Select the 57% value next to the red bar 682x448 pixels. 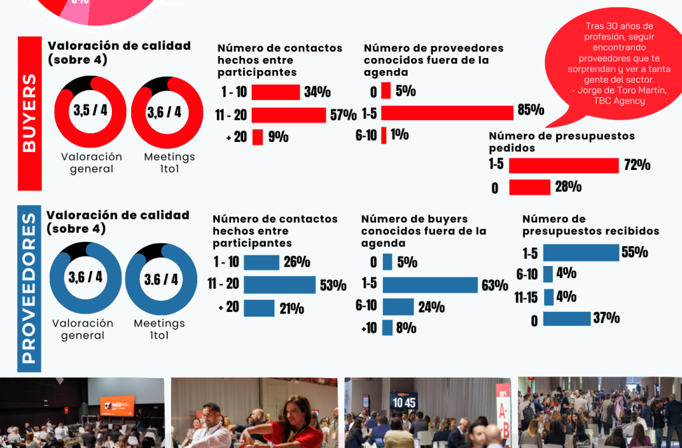click(x=343, y=115)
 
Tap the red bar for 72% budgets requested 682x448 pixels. click(x=563, y=165)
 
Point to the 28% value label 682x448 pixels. click(x=568, y=187)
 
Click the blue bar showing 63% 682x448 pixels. click(x=430, y=285)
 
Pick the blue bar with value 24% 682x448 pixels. click(x=398, y=307)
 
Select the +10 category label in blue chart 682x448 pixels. click(x=368, y=328)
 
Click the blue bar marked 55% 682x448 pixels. click(x=581, y=253)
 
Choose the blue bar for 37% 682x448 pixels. click(x=567, y=319)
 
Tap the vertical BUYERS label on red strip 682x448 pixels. click(x=30, y=113)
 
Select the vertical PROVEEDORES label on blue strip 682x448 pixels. click(x=29, y=288)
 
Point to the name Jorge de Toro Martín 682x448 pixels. click(x=617, y=91)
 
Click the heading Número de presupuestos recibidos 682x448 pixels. click(x=590, y=225)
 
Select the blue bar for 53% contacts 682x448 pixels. click(x=279, y=285)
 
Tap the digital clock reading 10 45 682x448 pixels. click(x=404, y=403)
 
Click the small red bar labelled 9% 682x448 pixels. click(x=258, y=137)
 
